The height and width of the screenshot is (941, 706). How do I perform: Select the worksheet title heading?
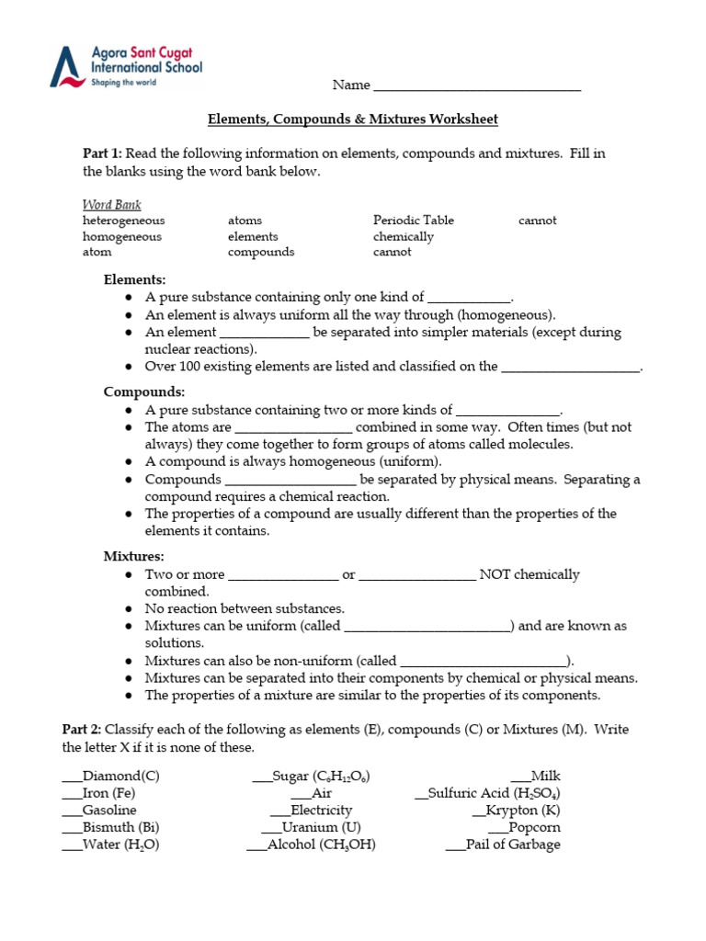tap(352, 119)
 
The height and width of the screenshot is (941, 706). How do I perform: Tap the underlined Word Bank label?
tap(111, 205)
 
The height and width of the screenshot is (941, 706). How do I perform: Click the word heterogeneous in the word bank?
tap(124, 221)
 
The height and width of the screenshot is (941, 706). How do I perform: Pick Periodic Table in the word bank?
tap(413, 221)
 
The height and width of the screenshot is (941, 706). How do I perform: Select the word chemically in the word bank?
tap(403, 236)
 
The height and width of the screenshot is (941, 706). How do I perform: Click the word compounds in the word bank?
tap(261, 252)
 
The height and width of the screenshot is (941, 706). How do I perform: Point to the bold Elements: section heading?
tap(134, 279)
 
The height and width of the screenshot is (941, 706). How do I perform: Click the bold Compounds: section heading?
tap(143, 392)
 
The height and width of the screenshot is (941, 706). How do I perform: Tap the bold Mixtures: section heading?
tap(133, 556)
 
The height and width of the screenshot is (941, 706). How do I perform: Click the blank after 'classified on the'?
tap(570, 368)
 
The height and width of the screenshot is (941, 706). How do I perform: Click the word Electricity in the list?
tap(321, 811)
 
